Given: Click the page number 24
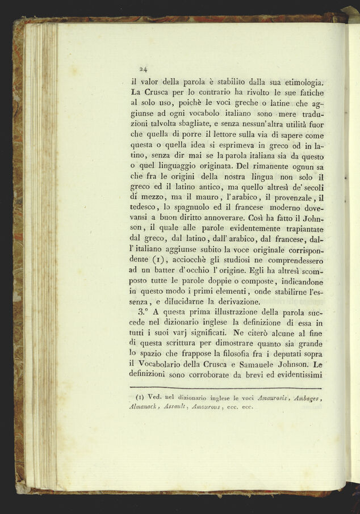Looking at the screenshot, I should pyautogui.click(x=143, y=69).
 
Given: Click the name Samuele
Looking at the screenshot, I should pyautogui.click(x=253, y=364).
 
